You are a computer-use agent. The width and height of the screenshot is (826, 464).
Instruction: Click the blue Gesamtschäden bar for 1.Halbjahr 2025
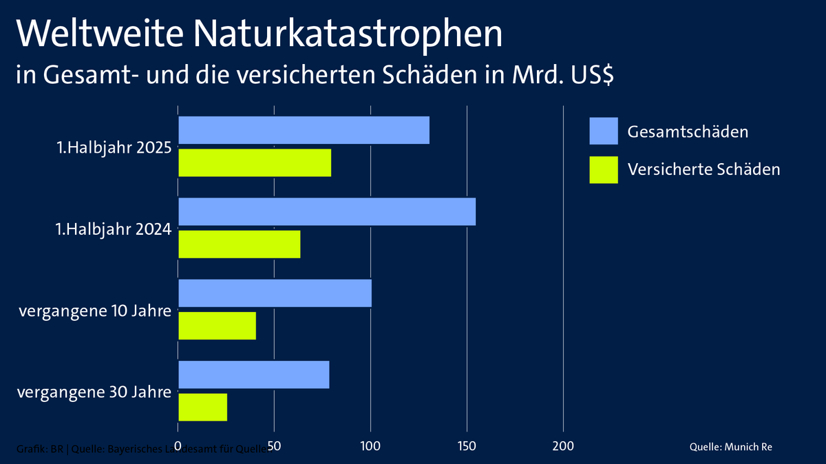click(x=304, y=130)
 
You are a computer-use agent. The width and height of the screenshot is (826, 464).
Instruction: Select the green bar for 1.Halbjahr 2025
click(x=255, y=162)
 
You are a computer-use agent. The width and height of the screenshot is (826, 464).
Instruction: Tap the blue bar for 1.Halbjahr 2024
click(x=327, y=211)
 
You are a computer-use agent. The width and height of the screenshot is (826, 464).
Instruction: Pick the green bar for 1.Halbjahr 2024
click(x=240, y=244)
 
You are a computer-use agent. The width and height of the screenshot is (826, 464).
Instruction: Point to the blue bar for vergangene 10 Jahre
click(x=275, y=293)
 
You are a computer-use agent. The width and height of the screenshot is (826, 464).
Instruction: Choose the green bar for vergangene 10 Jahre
click(x=217, y=325)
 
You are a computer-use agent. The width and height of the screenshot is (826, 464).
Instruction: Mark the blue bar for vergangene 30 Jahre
click(x=253, y=374)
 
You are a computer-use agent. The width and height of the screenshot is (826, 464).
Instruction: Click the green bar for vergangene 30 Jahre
click(x=202, y=406)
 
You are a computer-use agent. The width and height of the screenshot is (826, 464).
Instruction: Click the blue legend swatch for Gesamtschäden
click(x=604, y=131)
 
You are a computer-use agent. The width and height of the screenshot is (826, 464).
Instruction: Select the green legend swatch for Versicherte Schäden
click(x=604, y=169)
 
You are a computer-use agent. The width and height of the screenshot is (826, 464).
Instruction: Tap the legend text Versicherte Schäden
click(x=703, y=169)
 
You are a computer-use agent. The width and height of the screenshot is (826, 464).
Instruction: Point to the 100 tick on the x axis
click(x=370, y=446)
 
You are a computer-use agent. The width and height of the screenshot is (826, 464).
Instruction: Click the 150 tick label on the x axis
click(x=467, y=446)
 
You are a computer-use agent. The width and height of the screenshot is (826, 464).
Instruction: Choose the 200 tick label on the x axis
click(x=563, y=446)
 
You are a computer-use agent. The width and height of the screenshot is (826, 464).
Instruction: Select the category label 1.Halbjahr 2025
click(x=113, y=147)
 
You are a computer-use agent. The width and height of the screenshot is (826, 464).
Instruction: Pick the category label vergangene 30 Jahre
click(x=94, y=392)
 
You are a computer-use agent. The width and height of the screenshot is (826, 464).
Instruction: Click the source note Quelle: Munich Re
click(x=730, y=447)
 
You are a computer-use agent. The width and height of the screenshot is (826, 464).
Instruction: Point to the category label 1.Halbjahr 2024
click(x=113, y=229)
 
